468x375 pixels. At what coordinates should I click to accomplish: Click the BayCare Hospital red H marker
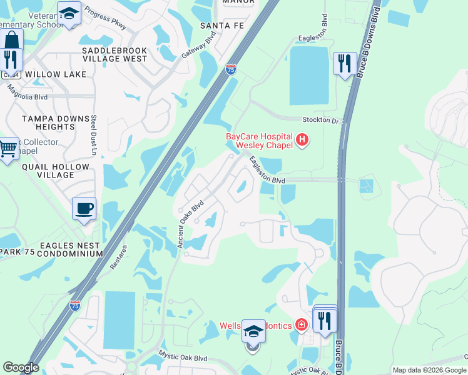(x=302, y=139)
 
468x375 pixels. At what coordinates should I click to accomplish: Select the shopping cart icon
(x=8, y=149)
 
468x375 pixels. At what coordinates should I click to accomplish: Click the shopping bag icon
(x=12, y=41)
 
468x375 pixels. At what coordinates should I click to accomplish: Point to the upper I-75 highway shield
(x=231, y=69)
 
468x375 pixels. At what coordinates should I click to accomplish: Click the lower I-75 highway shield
(x=75, y=306)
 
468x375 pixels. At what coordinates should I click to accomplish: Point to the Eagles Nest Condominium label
(x=69, y=250)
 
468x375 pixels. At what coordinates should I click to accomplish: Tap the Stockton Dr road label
(x=320, y=119)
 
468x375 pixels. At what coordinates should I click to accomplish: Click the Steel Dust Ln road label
(x=94, y=134)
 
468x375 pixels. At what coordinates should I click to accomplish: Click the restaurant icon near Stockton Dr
(x=344, y=63)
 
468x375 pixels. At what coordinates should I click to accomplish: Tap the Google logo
(x=21, y=367)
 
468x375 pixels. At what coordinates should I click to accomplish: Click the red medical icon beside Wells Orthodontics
(x=301, y=324)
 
